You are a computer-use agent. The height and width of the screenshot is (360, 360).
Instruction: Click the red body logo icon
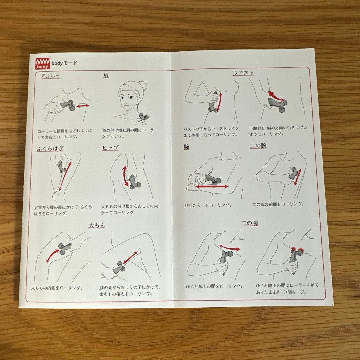tap(43, 63)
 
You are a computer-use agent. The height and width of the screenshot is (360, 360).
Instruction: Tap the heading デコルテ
tap(50, 76)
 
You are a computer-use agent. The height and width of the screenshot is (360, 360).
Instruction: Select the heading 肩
tap(106, 76)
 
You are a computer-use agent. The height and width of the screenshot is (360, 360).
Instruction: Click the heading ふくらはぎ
tap(50, 149)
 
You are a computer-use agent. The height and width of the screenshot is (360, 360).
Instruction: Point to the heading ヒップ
tap(110, 148)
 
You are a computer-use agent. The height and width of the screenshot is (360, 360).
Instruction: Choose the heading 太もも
tap(97, 225)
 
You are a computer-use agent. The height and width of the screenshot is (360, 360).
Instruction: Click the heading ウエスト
tap(243, 73)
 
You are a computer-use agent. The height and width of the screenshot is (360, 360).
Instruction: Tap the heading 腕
tap(186, 147)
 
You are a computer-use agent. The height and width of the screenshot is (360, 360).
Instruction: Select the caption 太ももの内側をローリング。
tap(57, 287)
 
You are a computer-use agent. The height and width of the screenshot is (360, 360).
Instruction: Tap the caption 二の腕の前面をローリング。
tap(278, 204)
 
